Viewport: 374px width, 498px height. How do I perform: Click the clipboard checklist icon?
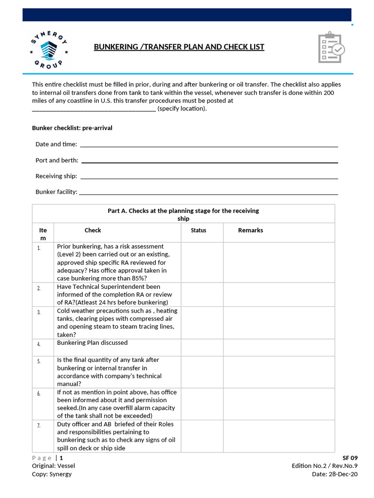[331, 47]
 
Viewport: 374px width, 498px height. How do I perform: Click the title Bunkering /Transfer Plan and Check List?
[179, 47]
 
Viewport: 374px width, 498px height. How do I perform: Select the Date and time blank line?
[208, 145]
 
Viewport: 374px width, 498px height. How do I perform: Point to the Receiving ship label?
[56, 176]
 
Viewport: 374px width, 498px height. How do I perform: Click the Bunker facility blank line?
[208, 193]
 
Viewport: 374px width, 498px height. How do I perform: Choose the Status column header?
[198, 231]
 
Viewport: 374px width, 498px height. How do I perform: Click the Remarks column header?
[250, 231]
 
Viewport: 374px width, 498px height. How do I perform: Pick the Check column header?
[93, 231]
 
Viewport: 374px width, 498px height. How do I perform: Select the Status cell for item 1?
[202, 262]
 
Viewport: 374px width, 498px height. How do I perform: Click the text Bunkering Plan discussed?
[92, 343]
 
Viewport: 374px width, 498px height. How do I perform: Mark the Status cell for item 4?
[202, 347]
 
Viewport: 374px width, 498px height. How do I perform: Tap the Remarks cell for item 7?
[279, 436]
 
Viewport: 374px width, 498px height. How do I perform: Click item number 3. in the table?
[39, 312]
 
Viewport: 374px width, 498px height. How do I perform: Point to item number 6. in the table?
[39, 393]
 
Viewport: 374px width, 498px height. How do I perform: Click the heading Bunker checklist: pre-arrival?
[72, 128]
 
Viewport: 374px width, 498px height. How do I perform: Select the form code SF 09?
[350, 458]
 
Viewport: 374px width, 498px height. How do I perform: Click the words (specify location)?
[182, 108]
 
